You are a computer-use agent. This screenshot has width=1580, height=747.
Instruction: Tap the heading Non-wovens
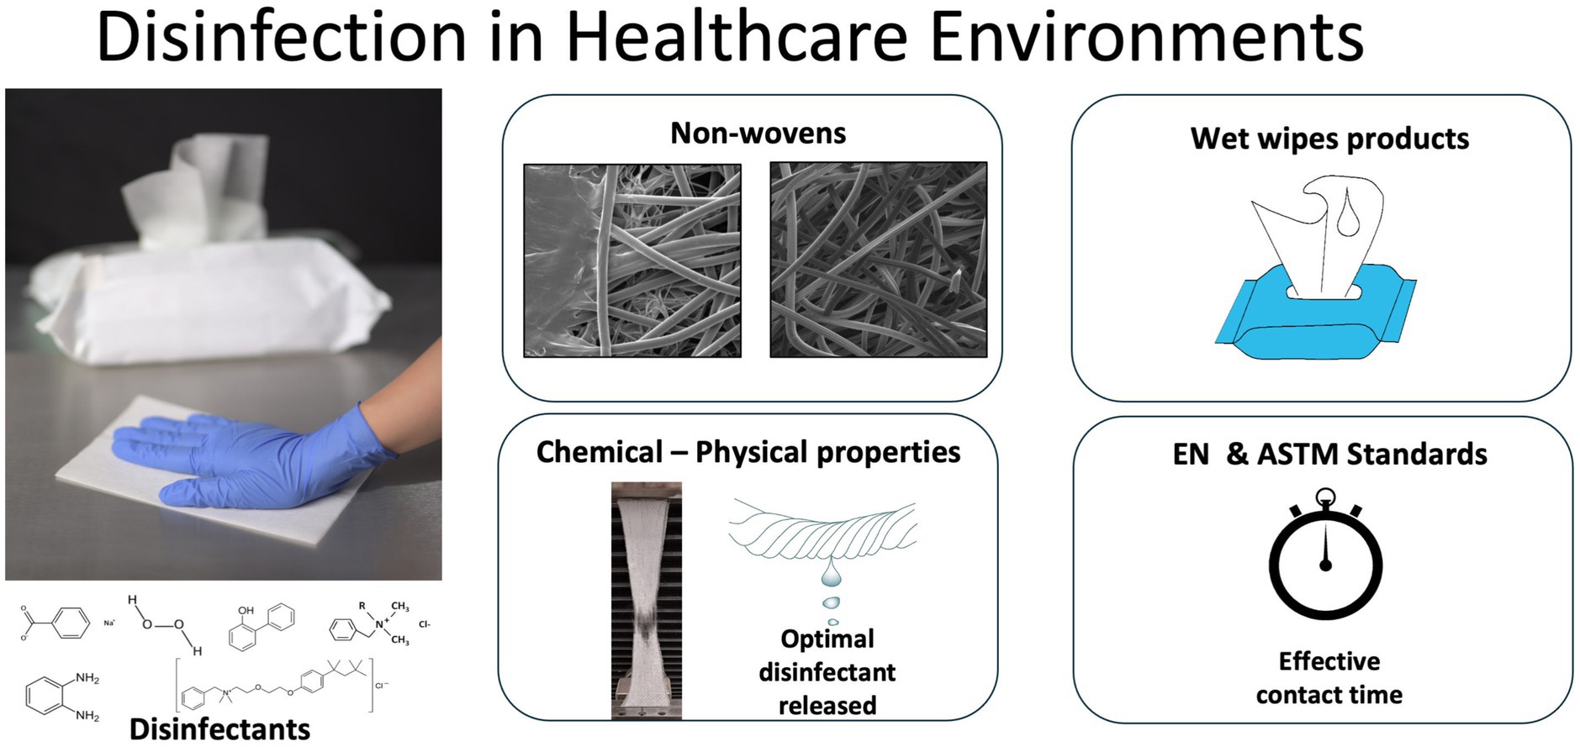click(758, 133)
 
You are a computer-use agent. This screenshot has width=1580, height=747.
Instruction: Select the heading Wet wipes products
click(1329, 139)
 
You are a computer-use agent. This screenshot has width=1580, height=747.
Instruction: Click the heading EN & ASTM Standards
click(1329, 455)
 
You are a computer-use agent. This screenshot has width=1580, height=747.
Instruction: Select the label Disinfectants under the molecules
click(219, 729)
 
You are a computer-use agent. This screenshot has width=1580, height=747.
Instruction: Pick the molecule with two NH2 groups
click(62, 697)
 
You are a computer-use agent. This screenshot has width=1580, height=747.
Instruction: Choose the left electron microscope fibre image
click(632, 260)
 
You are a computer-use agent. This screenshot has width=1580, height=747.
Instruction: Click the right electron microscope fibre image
click(879, 260)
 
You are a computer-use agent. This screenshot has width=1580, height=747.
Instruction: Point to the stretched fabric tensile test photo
click(646, 600)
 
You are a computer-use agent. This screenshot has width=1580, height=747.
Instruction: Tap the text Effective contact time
click(1329, 678)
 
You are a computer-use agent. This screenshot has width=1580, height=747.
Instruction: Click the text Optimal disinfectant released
click(827, 672)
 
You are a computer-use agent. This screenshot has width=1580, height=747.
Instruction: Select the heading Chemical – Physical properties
click(748, 452)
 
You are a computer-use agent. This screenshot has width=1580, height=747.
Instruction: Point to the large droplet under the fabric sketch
click(831, 573)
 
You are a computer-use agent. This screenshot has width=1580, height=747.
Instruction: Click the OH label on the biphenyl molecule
click(246, 611)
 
